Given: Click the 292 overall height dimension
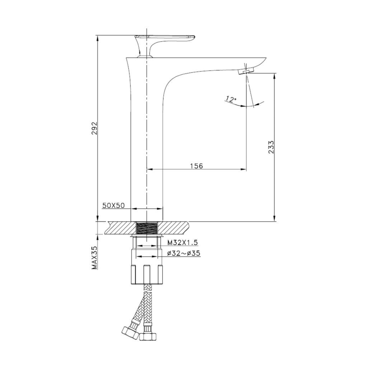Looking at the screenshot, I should coord(94,129).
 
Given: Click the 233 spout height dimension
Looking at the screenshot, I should coord(271,147).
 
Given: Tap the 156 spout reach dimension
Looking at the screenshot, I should coord(196,166).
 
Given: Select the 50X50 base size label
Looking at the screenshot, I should coord(113,206).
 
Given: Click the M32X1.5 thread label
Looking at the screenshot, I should coord(182,243).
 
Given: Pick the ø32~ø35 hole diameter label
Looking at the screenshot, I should coord(183,253).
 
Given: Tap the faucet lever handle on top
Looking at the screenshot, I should coord(165,40).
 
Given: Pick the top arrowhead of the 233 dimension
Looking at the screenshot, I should coord(274,76).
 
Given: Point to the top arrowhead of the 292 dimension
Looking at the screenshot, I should coord(98,38).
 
